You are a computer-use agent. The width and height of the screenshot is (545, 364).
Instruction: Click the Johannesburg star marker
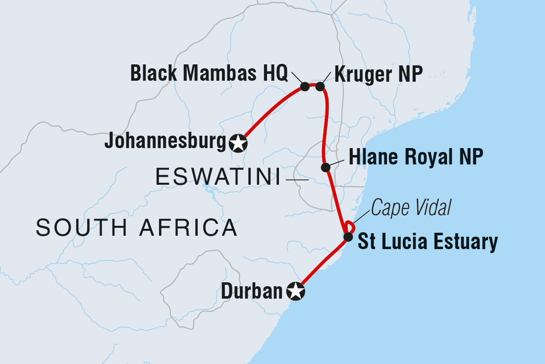pyautogui.click(x=238, y=143)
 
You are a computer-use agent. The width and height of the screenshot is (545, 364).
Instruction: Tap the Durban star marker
pyautogui.click(x=296, y=292)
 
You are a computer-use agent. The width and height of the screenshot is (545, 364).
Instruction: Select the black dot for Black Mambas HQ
pyautogui.click(x=305, y=86)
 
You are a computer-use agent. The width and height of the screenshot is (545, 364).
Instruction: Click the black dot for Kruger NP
pyautogui.click(x=320, y=86)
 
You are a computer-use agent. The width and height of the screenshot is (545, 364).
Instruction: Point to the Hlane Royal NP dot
pyautogui.click(x=325, y=167)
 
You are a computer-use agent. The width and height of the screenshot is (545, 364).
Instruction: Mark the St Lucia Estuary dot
pyautogui.click(x=348, y=236)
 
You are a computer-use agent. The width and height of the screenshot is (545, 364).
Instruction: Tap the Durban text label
pyautogui.click(x=251, y=292)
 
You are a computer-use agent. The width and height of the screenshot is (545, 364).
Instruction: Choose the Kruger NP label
pyautogui.click(x=379, y=74)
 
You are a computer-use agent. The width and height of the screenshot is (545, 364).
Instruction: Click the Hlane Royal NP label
pyautogui.click(x=416, y=157)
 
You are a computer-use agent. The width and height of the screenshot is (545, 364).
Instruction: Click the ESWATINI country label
pyautogui.click(x=216, y=177)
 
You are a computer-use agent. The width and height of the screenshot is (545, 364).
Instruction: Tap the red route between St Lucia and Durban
pyautogui.click(x=322, y=265)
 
